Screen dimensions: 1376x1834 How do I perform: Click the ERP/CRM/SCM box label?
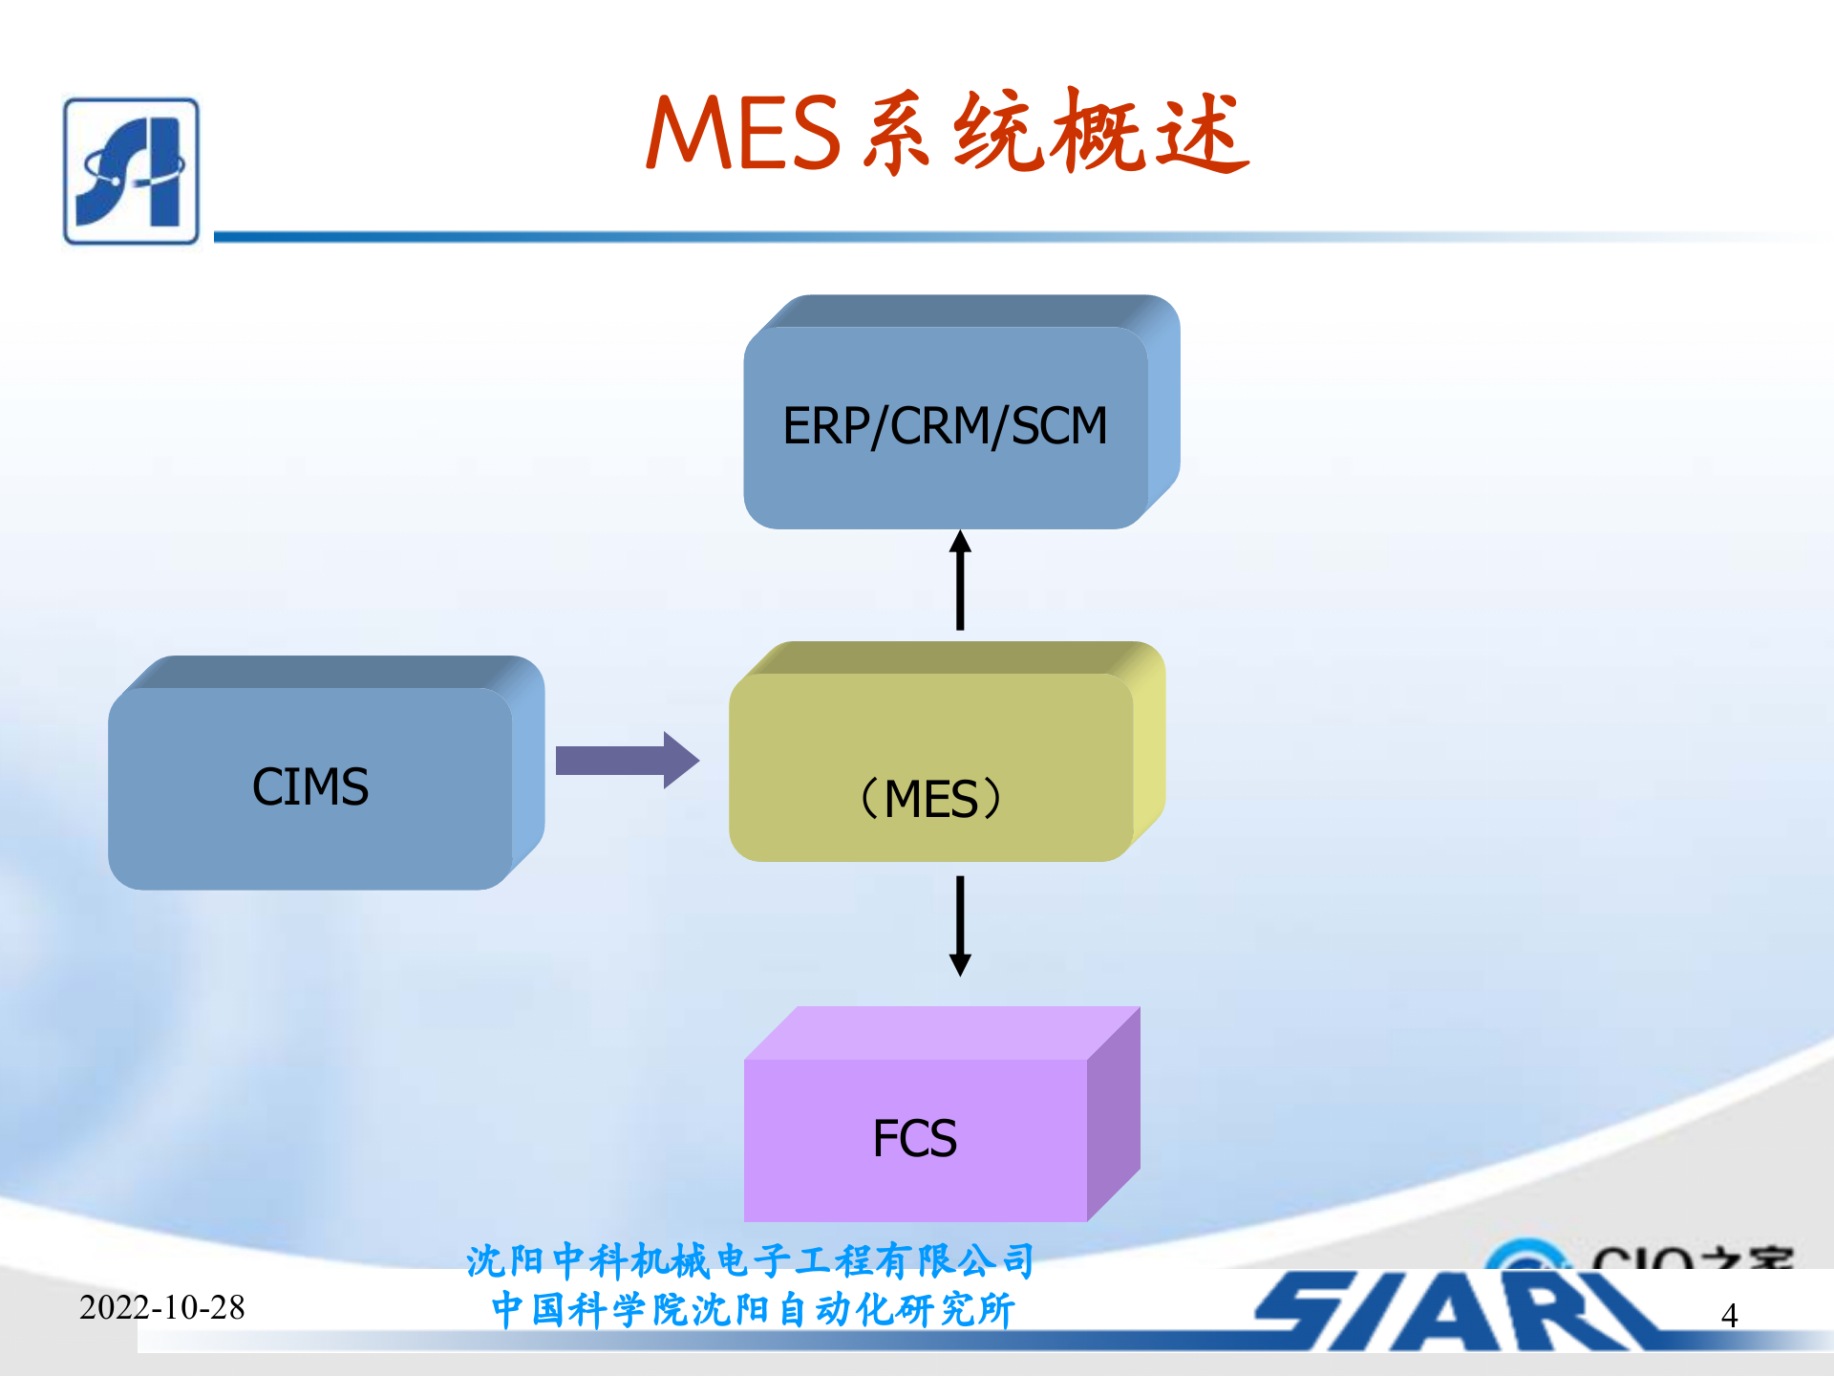(x=944, y=426)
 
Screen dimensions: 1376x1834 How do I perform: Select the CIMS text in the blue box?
(x=310, y=787)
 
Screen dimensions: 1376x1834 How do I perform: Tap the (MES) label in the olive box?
(x=931, y=799)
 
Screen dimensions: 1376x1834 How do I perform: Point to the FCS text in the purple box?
(x=914, y=1138)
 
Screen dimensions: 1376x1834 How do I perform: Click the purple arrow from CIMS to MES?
(x=627, y=761)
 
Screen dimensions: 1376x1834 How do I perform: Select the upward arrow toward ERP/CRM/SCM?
(x=960, y=580)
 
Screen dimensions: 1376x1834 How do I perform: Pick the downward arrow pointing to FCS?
(x=960, y=925)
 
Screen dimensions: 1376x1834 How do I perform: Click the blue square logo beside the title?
(x=132, y=172)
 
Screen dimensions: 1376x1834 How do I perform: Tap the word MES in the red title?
(x=743, y=134)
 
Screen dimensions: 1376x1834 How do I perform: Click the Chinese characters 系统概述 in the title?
(x=1056, y=134)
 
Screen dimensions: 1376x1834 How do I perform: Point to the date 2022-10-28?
(x=162, y=1307)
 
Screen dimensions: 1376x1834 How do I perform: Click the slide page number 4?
(x=1729, y=1316)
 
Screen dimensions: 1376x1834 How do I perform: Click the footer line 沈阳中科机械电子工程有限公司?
(x=751, y=1261)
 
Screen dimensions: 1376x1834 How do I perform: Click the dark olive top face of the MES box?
(x=946, y=657)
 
